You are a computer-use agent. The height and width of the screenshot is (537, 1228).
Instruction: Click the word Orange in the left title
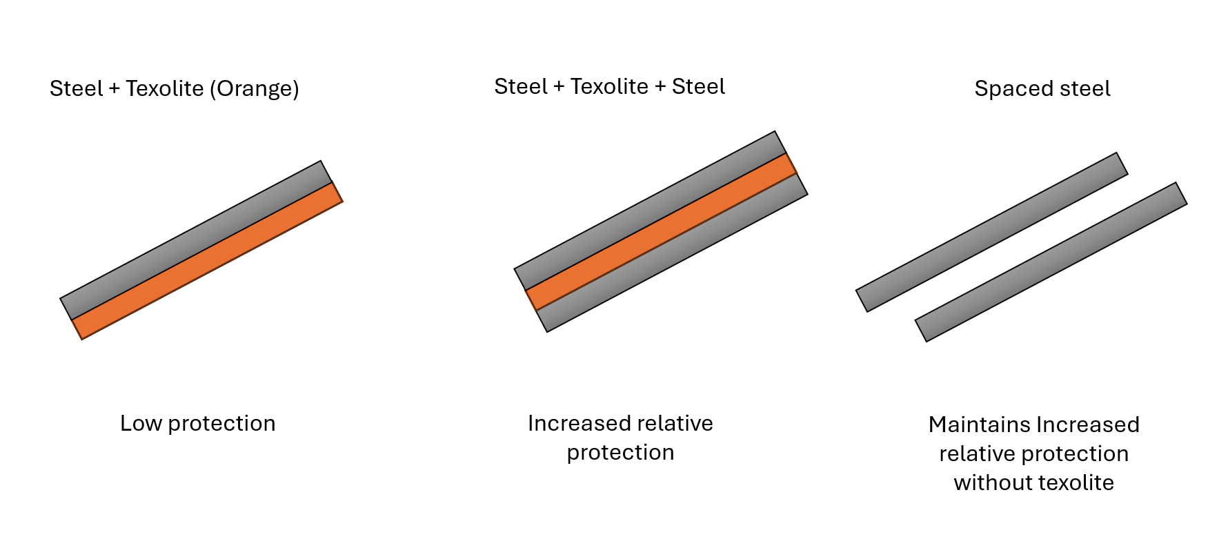254,89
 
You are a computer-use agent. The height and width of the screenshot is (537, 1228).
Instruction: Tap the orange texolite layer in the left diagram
207,261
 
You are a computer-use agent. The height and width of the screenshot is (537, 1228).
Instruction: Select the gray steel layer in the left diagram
196,240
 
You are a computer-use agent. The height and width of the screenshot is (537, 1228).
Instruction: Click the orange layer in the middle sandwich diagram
661,232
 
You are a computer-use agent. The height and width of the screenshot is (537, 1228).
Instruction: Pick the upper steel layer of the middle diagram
650,211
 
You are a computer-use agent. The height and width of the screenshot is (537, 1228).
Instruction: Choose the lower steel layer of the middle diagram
672,253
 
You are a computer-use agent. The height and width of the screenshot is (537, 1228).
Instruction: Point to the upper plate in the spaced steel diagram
991,232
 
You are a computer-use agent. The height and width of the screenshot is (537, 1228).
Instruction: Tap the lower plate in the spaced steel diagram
1051,262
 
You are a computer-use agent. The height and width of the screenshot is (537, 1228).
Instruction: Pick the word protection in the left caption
221,424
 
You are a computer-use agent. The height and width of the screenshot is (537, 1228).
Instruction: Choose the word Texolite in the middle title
609,86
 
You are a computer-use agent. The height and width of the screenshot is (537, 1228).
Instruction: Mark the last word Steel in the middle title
698,86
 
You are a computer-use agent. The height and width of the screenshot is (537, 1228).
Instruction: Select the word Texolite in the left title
165,88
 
